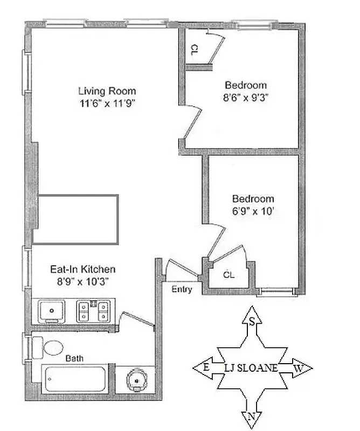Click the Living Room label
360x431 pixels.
107,91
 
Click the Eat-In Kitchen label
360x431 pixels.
82,269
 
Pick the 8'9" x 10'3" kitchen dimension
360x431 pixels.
82,281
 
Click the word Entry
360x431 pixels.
182,289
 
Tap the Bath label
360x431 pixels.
74,358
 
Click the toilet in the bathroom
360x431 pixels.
50,347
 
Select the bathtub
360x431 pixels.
74,379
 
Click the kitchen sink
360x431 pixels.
53,310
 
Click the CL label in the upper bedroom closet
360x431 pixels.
194,49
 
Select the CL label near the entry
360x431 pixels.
229,275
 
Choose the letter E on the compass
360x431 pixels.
205,368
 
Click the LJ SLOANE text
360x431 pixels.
251,369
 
